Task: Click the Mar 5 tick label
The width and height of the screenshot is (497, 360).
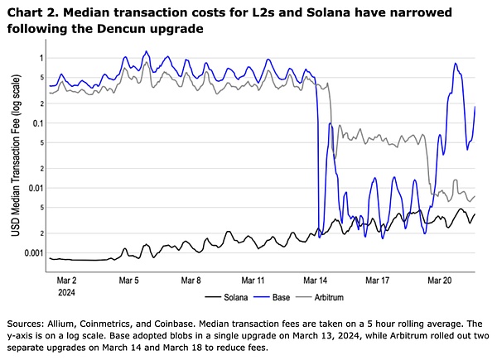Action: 128,280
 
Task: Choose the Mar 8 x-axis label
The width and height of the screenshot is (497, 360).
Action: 191,280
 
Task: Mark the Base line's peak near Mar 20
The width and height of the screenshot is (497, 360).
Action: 456,64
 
